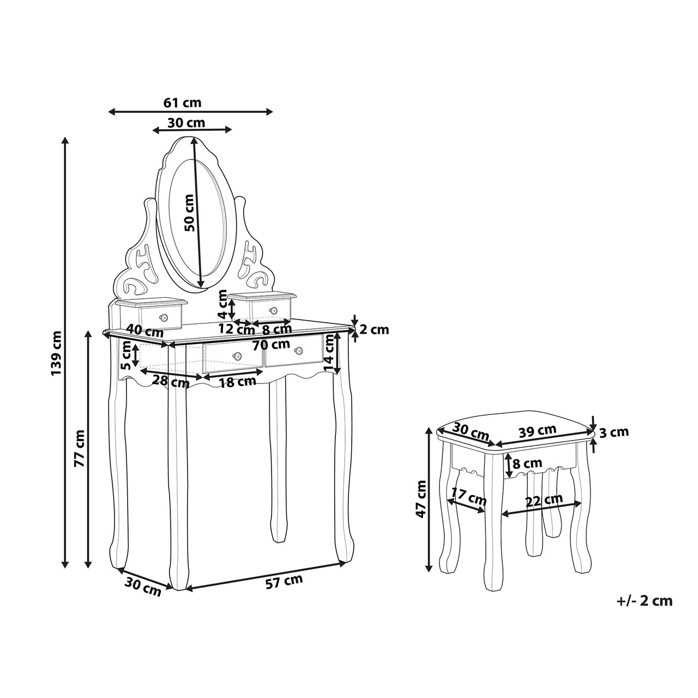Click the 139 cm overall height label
[57, 353]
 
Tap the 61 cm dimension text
[182, 103]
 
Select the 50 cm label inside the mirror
[189, 213]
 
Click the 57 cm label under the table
[284, 582]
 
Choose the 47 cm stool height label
[421, 499]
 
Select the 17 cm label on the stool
[469, 497]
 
